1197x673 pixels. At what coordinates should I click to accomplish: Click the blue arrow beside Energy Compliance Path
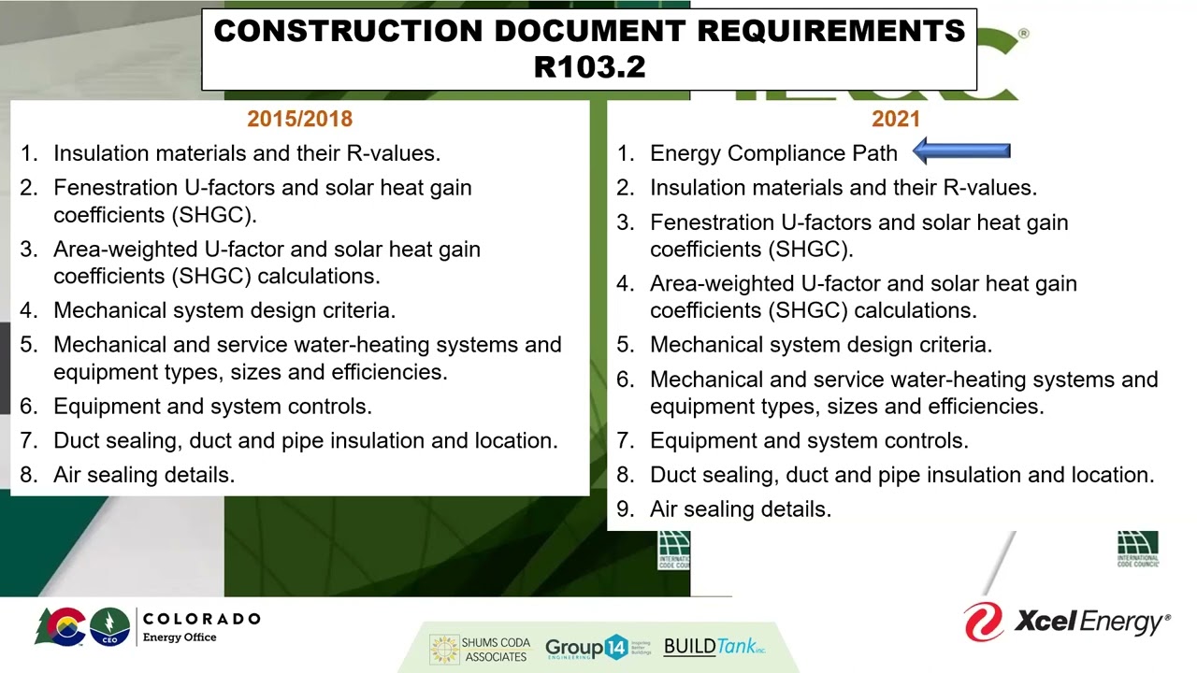coord(961,151)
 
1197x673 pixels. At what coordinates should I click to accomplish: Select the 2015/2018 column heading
coord(299,119)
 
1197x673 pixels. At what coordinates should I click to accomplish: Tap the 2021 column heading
coord(896,119)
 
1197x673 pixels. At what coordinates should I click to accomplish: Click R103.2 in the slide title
coord(589,66)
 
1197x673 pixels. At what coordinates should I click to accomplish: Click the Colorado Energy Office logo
coord(148,626)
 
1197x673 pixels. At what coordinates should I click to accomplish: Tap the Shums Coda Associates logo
coord(480,649)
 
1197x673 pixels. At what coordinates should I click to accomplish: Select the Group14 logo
coord(598,648)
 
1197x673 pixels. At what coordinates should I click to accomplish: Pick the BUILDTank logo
coord(714,647)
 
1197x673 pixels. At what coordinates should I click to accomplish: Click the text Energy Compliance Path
coord(773,153)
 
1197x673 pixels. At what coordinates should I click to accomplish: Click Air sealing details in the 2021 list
coord(741,509)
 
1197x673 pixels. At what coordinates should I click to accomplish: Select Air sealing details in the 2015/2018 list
coord(144,475)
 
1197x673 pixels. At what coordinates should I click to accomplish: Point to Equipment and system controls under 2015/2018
coord(212,407)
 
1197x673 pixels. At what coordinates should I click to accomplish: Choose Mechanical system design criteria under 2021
coord(820,345)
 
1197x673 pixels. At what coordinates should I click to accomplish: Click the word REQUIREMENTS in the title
coord(830,31)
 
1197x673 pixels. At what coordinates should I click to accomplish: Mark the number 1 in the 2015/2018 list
coord(28,153)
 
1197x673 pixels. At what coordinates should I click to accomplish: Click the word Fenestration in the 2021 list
coord(714,222)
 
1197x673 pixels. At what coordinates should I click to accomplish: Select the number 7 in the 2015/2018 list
coord(28,441)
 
